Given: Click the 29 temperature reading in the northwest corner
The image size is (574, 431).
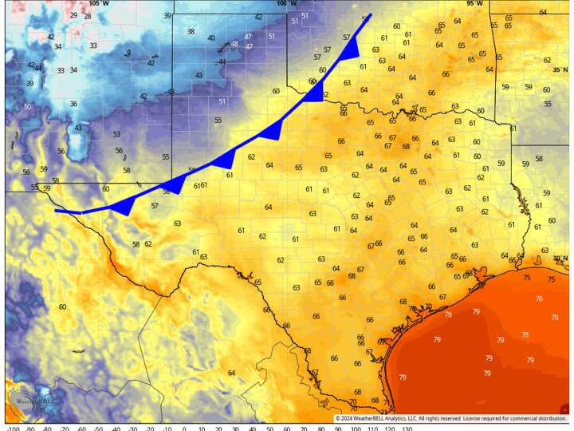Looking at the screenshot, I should point(73,15).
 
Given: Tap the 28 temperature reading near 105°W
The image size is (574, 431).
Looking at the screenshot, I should point(87,16).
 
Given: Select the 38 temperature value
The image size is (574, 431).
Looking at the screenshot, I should point(191,31).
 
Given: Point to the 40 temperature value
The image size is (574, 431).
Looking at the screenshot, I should point(210,38).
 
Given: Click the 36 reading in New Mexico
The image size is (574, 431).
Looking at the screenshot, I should point(73,104).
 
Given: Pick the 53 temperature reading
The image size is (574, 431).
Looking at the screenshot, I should point(116,134).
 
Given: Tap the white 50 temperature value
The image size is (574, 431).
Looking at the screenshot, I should point(28,107).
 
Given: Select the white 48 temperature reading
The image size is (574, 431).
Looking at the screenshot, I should point(234,44).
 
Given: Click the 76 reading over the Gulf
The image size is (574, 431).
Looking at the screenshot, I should point(539,299).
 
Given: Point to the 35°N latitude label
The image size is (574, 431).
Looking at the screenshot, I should point(560,69).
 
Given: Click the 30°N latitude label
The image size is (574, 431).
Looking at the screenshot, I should point(560,258).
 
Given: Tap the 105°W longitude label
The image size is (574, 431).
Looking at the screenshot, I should point(98,4).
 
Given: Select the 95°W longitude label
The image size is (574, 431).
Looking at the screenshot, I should point(475,4).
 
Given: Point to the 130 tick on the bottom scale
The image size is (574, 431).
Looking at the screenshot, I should point(407,428).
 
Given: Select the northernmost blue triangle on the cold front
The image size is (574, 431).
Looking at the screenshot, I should point(348,53).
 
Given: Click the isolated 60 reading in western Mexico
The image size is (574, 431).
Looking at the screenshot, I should point(62,306).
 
